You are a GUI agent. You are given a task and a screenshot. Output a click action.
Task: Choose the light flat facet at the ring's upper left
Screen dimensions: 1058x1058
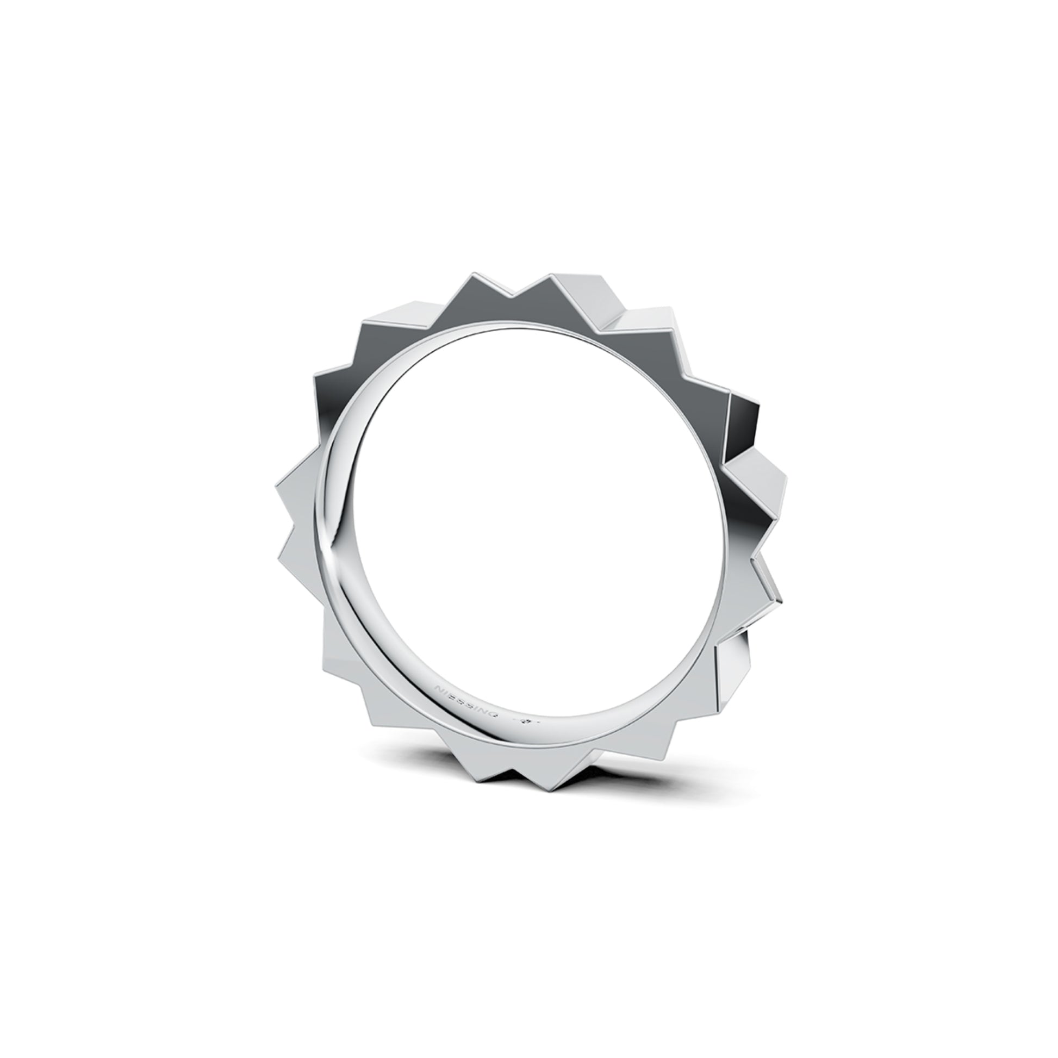click(383, 328)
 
